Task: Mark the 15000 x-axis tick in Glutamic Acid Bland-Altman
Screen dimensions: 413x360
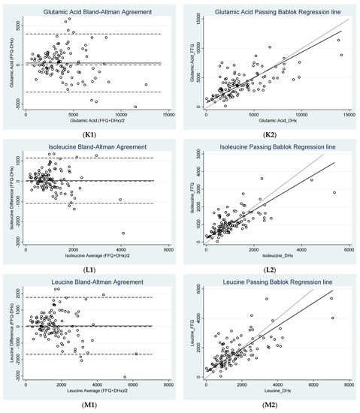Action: tap(169, 114)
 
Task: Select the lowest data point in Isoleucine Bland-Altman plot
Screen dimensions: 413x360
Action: tap(124, 234)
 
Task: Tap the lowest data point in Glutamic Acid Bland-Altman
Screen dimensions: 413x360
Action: tap(135, 107)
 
